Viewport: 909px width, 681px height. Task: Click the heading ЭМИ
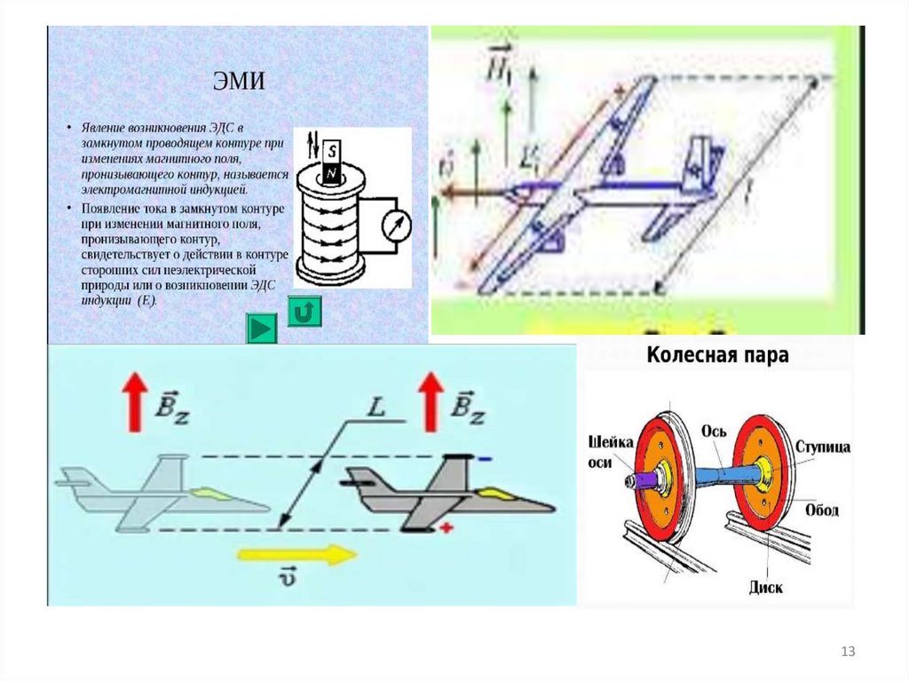[240, 83]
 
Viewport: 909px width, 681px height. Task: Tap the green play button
[261, 329]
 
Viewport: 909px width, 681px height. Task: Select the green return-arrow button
[304, 312]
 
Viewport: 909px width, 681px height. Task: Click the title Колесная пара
[717, 356]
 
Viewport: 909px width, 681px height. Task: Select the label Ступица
[823, 447]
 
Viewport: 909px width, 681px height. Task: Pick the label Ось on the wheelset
[715, 432]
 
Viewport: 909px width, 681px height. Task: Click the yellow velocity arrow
[296, 555]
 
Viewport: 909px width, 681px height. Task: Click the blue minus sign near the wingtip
[484, 459]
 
